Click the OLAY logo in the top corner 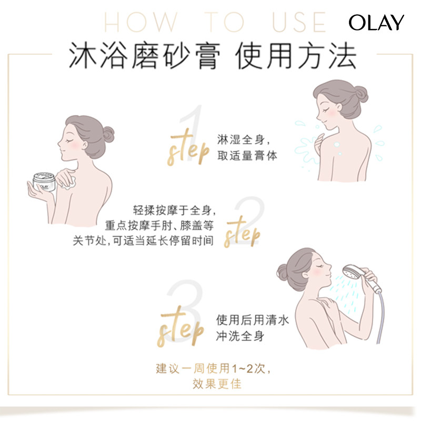[x=376, y=22]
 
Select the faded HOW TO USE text [x=216, y=22]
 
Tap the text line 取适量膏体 [x=247, y=156]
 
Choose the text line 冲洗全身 [x=239, y=336]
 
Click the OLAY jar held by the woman [x=45, y=182]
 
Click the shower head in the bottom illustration [x=350, y=274]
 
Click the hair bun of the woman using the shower [x=283, y=272]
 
